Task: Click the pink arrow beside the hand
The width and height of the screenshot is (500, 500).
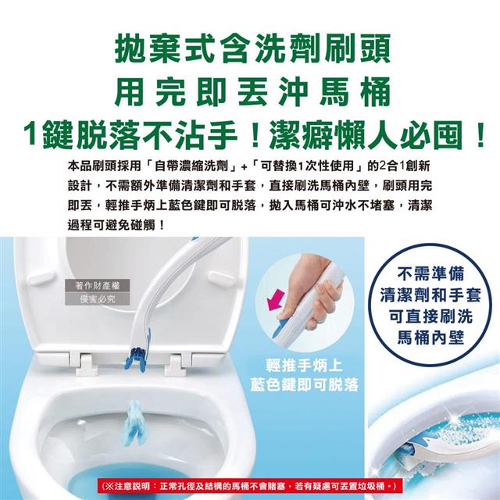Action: click(x=276, y=299)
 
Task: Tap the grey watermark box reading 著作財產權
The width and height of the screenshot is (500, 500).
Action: click(x=97, y=285)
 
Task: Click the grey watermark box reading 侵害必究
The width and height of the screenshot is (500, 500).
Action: click(x=97, y=298)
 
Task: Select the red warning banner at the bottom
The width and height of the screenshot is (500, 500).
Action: click(x=250, y=486)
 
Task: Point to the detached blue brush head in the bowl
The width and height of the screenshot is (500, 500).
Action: click(x=133, y=421)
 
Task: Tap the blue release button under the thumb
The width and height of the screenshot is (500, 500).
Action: click(x=280, y=325)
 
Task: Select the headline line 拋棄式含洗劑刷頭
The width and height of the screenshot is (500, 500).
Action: click(x=252, y=48)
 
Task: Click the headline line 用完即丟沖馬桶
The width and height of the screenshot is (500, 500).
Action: click(x=252, y=92)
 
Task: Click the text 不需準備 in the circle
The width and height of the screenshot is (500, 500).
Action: click(x=430, y=274)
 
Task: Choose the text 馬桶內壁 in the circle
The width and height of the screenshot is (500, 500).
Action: click(x=430, y=337)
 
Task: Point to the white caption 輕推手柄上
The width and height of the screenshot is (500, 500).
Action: click(x=304, y=366)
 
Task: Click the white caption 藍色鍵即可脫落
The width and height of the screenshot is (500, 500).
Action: click(x=304, y=385)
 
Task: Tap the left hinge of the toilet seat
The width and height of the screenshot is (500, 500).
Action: click(x=84, y=362)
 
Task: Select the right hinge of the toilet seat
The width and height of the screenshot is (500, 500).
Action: click(x=173, y=363)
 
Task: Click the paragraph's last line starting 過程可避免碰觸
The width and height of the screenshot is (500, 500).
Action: click(x=116, y=226)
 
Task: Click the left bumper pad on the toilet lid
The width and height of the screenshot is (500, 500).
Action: click(x=43, y=278)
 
